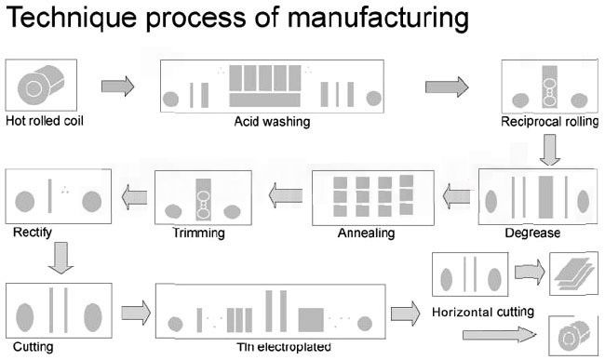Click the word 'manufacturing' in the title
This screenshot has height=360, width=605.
pyautogui.click(x=378, y=19)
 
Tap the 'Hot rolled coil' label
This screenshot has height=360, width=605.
pyautogui.click(x=45, y=121)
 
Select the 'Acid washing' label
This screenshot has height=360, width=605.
pyautogui.click(x=272, y=122)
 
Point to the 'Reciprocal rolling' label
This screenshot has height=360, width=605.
pyautogui.click(x=549, y=122)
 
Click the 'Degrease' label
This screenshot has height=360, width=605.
pyautogui.click(x=532, y=233)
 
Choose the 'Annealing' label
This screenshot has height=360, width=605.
pyautogui.click(x=366, y=233)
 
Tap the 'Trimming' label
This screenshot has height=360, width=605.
pyautogui.click(x=198, y=233)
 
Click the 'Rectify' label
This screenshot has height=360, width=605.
pyautogui.click(x=33, y=232)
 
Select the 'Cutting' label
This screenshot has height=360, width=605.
pyautogui.click(x=34, y=346)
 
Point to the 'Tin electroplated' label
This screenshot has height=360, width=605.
pyautogui.click(x=284, y=346)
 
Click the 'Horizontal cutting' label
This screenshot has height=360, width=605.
pyautogui.click(x=483, y=312)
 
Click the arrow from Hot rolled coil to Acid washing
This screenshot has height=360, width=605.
pyautogui.click(x=117, y=87)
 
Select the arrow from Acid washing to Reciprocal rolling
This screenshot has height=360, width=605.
pyautogui.click(x=447, y=87)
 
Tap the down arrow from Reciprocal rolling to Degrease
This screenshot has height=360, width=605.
pyautogui.click(x=550, y=150)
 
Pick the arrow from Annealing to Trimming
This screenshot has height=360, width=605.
pyautogui.click(x=286, y=195)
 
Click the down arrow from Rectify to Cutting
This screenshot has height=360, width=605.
pyautogui.click(x=61, y=258)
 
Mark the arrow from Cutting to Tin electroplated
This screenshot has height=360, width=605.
pyautogui.click(x=136, y=313)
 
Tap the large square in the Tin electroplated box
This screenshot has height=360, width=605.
pyautogui.click(x=311, y=319)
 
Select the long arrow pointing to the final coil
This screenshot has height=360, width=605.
pyautogui.click(x=499, y=334)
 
